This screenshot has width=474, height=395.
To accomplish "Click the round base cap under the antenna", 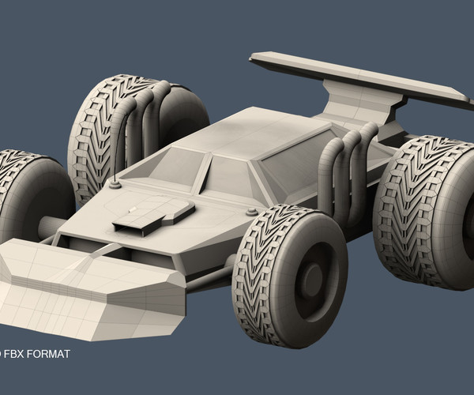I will (115, 186).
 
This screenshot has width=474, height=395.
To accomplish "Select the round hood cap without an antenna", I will (251, 211).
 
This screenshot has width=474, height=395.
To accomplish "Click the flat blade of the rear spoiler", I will (355, 77).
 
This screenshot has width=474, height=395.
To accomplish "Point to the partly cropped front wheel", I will (28, 197).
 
